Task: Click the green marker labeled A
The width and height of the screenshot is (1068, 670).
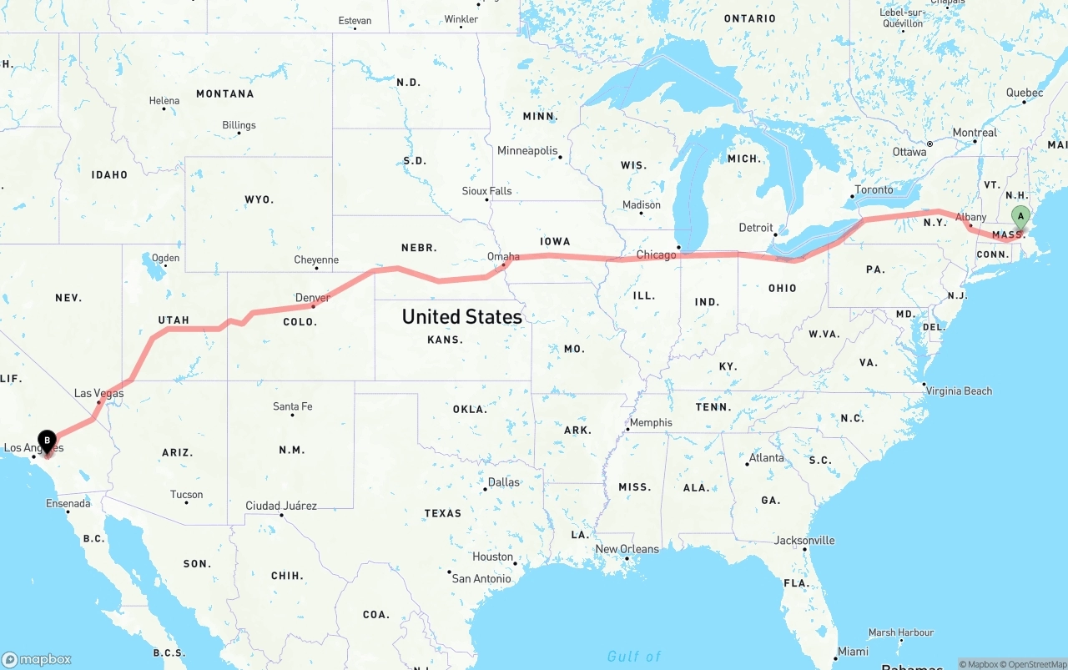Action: tap(1020, 217)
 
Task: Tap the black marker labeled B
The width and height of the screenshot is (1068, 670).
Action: tap(48, 441)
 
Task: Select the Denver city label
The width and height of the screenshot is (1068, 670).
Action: tap(313, 297)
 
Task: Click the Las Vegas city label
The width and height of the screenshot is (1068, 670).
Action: tap(98, 393)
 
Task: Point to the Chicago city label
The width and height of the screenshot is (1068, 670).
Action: tap(656, 254)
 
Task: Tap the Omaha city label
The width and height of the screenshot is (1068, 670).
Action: tap(503, 256)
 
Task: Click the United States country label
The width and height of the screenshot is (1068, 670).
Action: tap(461, 317)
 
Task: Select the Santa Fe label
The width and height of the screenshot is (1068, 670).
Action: tap(292, 406)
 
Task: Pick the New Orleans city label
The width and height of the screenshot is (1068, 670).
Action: tap(627, 549)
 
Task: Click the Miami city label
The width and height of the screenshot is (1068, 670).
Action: tap(853, 651)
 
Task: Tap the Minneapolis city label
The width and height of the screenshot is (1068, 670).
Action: tap(527, 151)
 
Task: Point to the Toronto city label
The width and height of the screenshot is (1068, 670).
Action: tap(874, 189)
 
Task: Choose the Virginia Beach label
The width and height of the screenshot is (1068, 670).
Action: tap(959, 390)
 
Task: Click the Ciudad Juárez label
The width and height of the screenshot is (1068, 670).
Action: tap(281, 506)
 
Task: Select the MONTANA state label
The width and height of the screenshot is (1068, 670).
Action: tap(224, 94)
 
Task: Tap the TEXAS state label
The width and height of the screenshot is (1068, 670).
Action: tap(442, 513)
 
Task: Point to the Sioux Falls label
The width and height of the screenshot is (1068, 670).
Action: tap(486, 191)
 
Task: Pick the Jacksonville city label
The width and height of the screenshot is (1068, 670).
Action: tap(804, 540)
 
